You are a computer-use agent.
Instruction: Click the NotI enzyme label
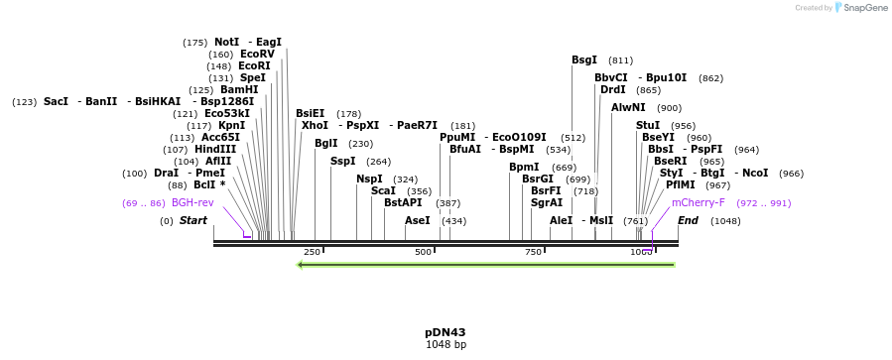click(226, 42)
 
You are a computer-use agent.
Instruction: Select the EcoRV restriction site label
click(256, 54)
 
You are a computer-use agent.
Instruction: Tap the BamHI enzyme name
click(238, 89)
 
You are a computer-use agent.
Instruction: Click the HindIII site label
click(215, 149)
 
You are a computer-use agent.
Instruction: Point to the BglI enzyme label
click(326, 143)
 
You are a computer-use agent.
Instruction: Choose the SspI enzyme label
click(342, 161)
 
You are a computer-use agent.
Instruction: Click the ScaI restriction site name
click(383, 190)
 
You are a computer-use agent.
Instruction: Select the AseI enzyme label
click(418, 220)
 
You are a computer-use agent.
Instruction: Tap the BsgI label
click(584, 60)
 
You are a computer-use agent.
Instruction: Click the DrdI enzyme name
click(613, 89)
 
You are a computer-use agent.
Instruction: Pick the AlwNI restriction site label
click(628, 107)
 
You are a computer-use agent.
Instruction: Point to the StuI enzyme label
click(648, 125)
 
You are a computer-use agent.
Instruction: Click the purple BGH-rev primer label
click(192, 202)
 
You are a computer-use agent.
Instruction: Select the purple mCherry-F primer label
click(699, 202)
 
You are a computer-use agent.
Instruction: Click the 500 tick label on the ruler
click(424, 253)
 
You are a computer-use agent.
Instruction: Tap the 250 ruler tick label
click(312, 253)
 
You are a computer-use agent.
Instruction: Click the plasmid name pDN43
click(446, 332)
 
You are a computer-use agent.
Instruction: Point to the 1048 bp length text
click(446, 345)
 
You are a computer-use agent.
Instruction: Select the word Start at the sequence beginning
click(193, 220)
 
